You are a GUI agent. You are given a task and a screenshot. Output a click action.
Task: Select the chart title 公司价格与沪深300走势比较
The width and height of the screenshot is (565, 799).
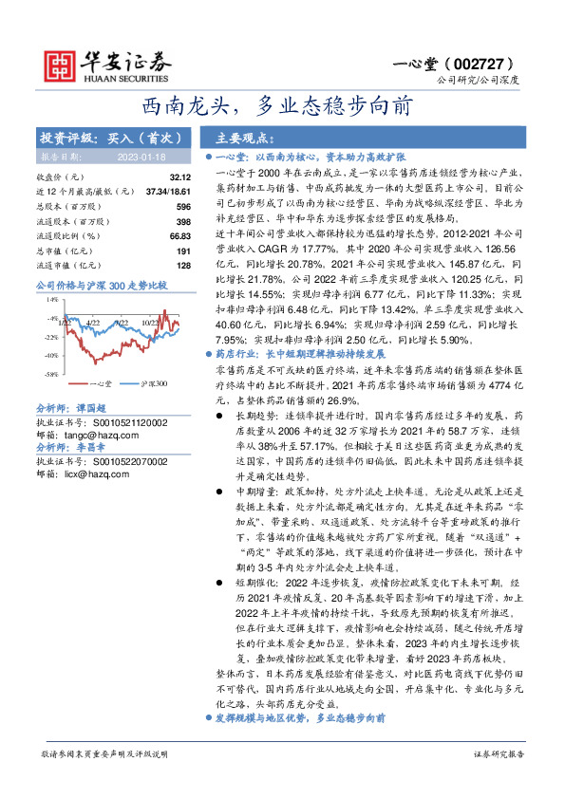click(x=100, y=284)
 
